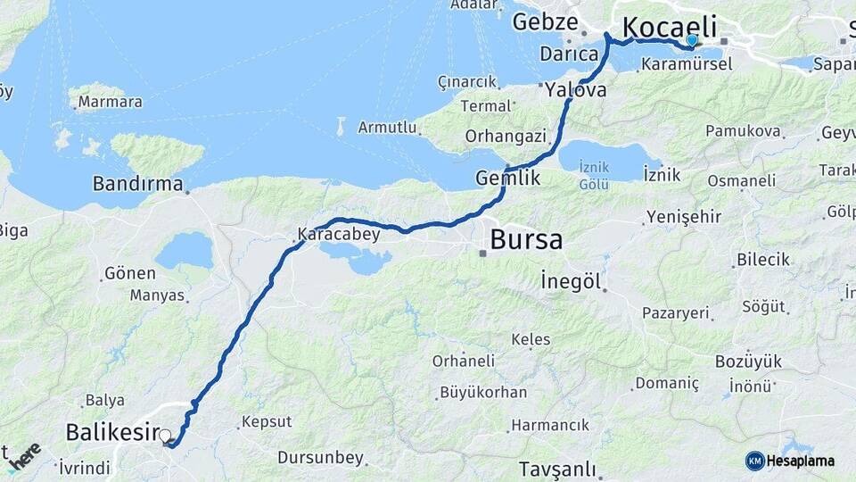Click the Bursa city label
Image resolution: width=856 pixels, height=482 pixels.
[526, 240]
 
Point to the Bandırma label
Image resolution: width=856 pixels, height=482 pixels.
[138, 184]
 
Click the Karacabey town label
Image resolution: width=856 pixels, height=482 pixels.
[339, 235]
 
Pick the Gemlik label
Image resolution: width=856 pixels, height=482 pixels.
[508, 178]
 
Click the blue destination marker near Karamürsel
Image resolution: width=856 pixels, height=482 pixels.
[692, 40]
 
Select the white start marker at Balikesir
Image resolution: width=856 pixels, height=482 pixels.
[165, 436]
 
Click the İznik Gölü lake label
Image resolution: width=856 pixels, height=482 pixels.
[593, 175]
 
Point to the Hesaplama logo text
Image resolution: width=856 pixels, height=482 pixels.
[801, 461]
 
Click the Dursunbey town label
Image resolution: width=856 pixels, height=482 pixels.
[321, 458]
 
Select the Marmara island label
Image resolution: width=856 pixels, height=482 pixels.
[110, 102]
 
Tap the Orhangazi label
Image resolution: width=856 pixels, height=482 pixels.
[505, 137]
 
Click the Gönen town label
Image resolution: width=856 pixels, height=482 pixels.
[130, 273]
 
